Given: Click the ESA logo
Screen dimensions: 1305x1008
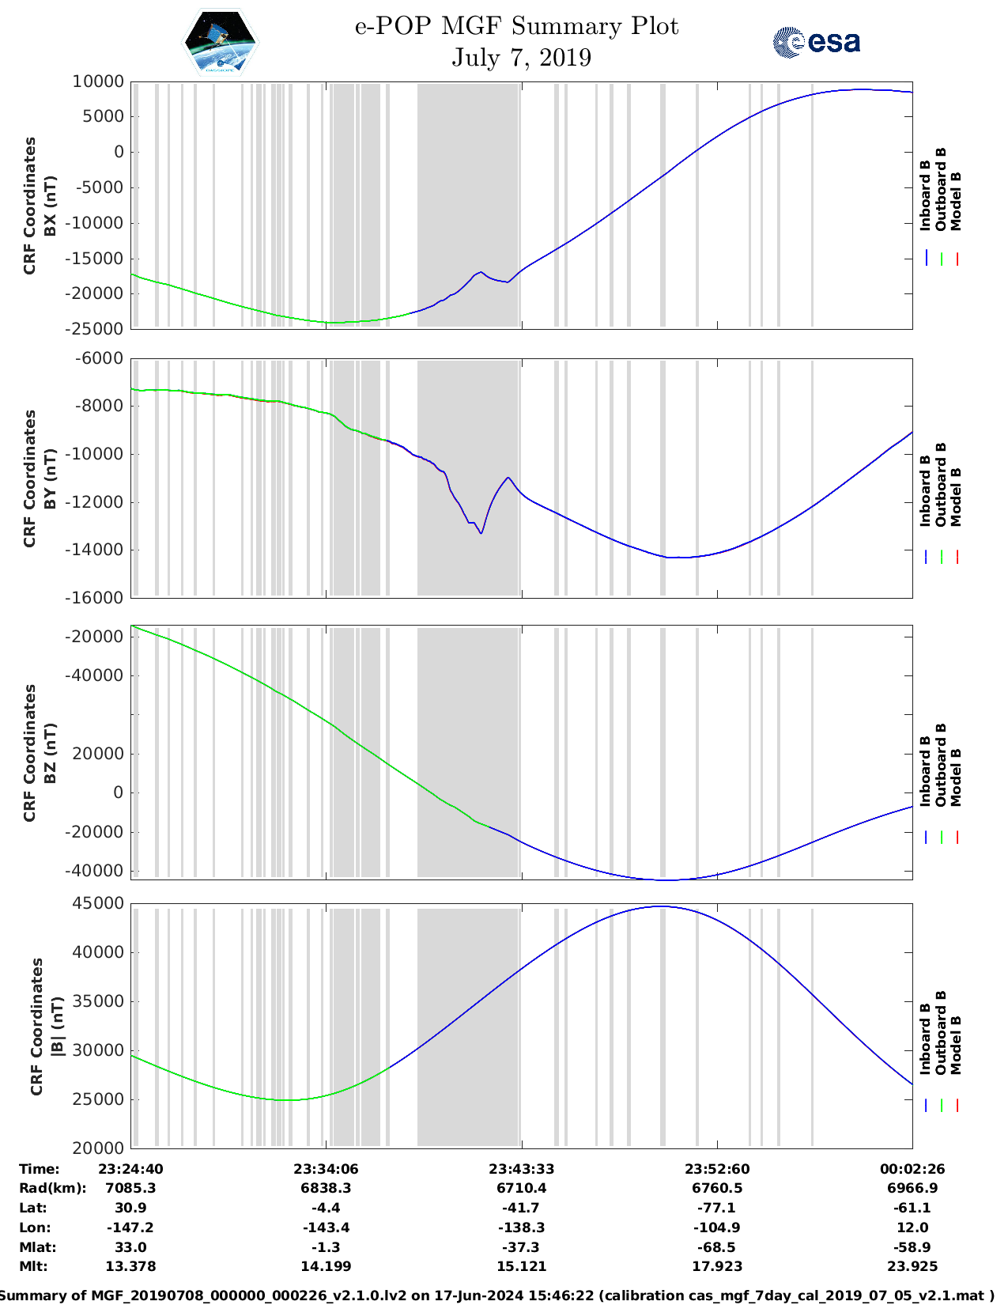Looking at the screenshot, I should (817, 42).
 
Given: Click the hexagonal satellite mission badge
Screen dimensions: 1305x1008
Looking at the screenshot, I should (220, 42).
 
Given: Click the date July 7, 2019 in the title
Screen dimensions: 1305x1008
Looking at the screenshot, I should (521, 58).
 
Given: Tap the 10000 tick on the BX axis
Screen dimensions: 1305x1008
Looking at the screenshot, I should (98, 81).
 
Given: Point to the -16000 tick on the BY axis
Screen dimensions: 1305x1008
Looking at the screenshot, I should (98, 598).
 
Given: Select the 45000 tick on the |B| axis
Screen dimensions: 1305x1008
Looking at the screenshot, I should (98, 903).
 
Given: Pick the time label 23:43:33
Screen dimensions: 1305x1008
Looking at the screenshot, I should (521, 1169).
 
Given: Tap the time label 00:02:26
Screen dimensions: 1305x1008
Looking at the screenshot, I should (912, 1169).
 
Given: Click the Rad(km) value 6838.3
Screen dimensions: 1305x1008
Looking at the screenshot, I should (326, 1188).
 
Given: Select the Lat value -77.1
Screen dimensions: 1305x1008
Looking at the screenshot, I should (717, 1208).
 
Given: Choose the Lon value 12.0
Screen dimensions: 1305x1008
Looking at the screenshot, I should (912, 1227).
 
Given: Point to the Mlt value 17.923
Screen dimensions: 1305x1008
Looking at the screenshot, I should (717, 1266).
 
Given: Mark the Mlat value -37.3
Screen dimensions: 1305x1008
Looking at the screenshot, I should (521, 1247).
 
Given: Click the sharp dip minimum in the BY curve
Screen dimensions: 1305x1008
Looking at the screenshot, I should (481, 533).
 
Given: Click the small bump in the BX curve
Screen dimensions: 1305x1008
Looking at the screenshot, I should (481, 272).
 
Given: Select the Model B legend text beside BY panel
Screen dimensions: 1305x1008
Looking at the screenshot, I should (956, 497).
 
